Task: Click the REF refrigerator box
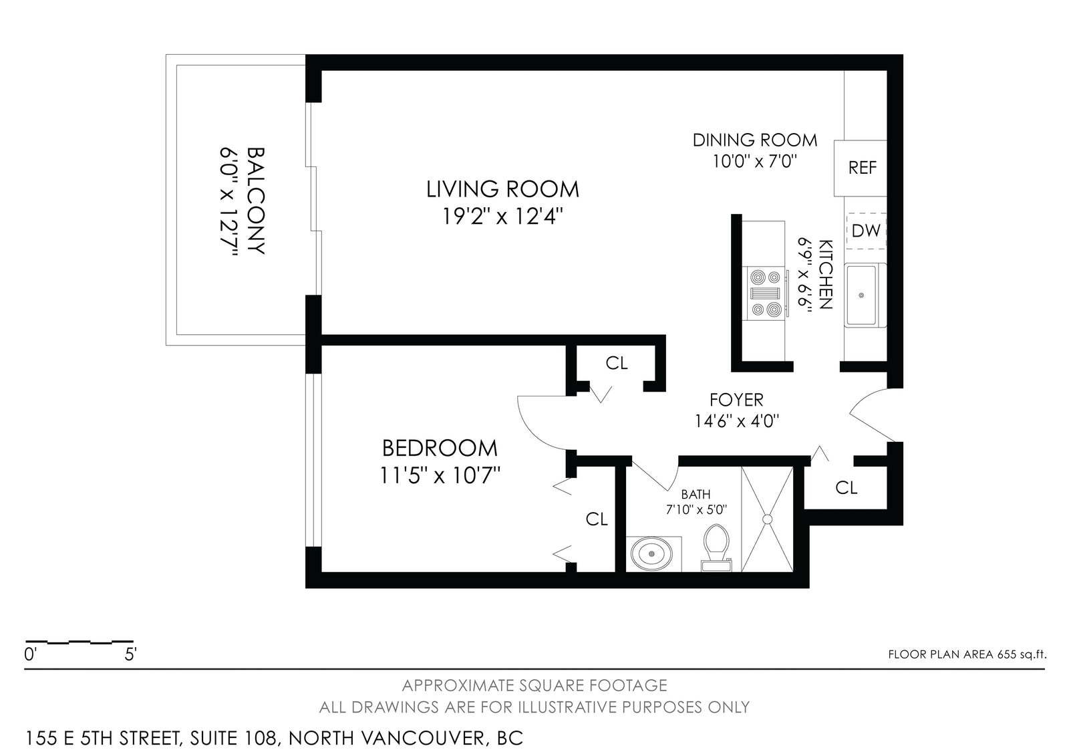[860, 168]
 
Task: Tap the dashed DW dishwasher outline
[866, 231]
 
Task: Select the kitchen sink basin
[861, 295]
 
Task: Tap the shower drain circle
[767, 519]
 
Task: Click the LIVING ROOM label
[502, 189]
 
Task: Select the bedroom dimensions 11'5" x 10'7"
[440, 476]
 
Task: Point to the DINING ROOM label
[755, 140]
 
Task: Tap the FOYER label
[736, 399]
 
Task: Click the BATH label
[696, 494]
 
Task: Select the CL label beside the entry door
[846, 487]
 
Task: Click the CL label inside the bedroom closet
[597, 519]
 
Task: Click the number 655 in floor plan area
[1006, 654]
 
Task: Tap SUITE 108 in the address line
[234, 738]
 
